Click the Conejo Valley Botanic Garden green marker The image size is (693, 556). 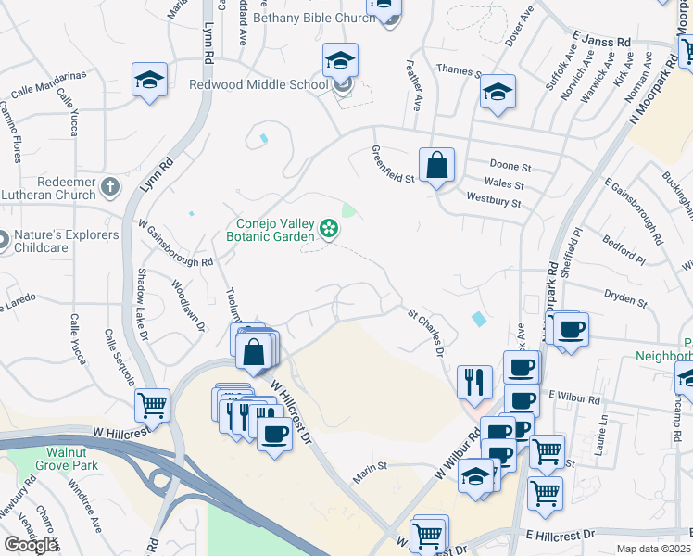[327, 228]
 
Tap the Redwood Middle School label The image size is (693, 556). [258, 84]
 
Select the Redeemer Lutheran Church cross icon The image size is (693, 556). [110, 187]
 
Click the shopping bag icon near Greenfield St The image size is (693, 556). [436, 166]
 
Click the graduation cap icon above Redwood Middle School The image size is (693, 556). [340, 61]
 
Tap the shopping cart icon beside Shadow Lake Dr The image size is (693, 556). [152, 404]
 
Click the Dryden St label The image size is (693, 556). [624, 298]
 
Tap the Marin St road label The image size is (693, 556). [368, 477]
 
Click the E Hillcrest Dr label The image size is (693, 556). [560, 536]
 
